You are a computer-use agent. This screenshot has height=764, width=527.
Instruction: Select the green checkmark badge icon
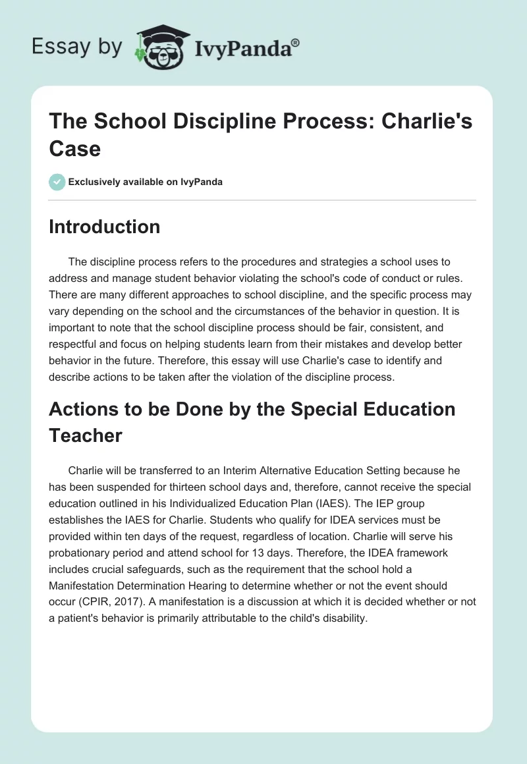(x=57, y=182)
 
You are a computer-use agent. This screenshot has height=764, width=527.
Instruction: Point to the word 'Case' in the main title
(x=74, y=148)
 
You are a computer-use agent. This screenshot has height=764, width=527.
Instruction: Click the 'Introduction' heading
(x=104, y=227)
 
